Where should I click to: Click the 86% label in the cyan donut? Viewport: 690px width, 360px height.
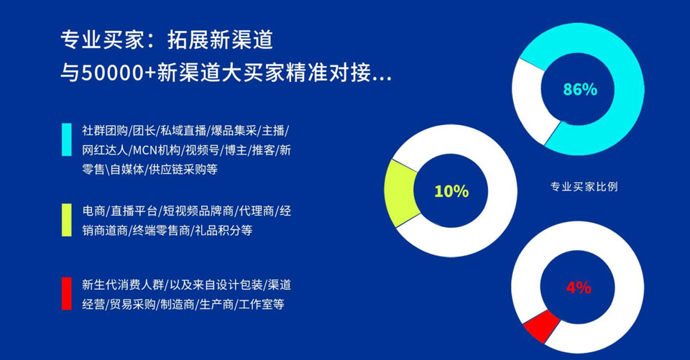[580, 89]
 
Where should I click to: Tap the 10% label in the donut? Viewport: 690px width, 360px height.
[451, 191]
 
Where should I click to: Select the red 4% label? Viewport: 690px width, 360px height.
[579, 287]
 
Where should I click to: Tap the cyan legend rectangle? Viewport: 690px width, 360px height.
[66, 139]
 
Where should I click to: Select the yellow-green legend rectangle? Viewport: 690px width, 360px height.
[66, 220]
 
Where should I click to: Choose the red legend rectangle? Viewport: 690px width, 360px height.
[66, 294]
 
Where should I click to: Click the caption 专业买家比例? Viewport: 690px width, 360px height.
[584, 187]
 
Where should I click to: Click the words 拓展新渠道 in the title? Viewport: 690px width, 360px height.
[220, 40]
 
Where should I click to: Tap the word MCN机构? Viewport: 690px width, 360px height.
[156, 150]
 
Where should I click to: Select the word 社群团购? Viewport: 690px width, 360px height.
[105, 131]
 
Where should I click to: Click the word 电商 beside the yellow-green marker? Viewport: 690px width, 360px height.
[93, 211]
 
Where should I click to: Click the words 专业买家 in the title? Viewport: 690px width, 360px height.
[103, 40]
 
